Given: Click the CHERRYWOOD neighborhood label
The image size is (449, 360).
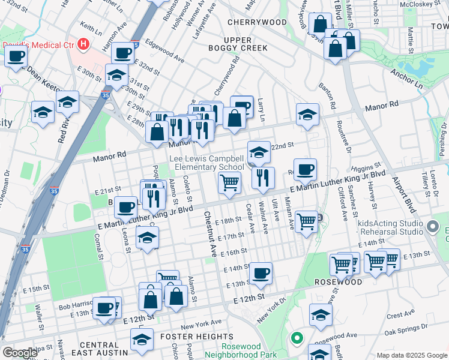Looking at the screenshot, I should point(257,22).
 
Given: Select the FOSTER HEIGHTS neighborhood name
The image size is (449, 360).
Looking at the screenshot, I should point(196,337).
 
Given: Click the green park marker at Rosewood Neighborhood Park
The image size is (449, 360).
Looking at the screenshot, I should point(295,338).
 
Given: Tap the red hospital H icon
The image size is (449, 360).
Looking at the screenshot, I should point(82,44).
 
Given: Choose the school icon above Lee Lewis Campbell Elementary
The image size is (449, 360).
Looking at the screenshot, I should point(259,152).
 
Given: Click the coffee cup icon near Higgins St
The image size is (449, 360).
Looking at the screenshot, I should point(305,169).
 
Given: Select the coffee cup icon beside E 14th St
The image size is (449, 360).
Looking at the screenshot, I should point(261,274).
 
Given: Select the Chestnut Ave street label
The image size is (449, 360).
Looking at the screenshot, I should point(209,233).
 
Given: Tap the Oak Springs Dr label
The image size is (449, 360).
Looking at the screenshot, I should point(405,329).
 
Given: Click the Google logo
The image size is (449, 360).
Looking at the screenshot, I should point(19,353).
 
